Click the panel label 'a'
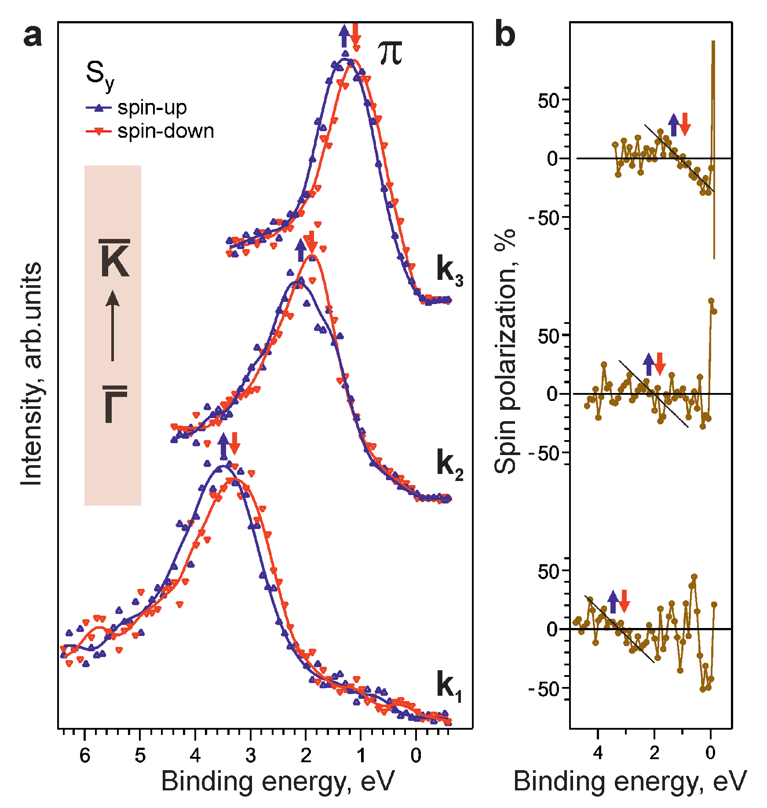click(x=33, y=36)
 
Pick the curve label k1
click(x=449, y=686)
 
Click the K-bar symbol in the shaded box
click(x=114, y=259)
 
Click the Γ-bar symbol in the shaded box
click(x=115, y=404)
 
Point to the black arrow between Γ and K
click(x=113, y=326)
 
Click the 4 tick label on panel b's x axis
click(x=598, y=753)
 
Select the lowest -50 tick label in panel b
click(x=543, y=689)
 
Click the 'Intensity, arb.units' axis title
click(x=32, y=374)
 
